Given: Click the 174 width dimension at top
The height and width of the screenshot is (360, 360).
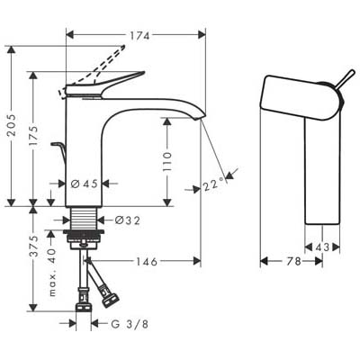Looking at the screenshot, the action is (139, 36).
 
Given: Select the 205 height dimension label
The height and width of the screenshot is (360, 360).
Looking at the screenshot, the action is (13, 125).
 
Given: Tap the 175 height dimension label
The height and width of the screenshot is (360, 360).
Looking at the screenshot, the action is (35, 135).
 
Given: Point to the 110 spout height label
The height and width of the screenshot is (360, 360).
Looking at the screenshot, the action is (167, 161).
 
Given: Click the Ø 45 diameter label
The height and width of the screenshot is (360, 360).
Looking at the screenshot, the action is (85, 184).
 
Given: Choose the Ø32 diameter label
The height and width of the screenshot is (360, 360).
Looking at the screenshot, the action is (128, 220).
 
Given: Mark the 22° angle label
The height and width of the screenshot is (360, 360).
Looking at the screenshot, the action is (214, 185).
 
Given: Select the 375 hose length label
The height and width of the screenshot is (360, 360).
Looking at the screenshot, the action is (35, 247).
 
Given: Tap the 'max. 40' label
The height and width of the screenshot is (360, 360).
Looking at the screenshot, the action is (52, 272).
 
